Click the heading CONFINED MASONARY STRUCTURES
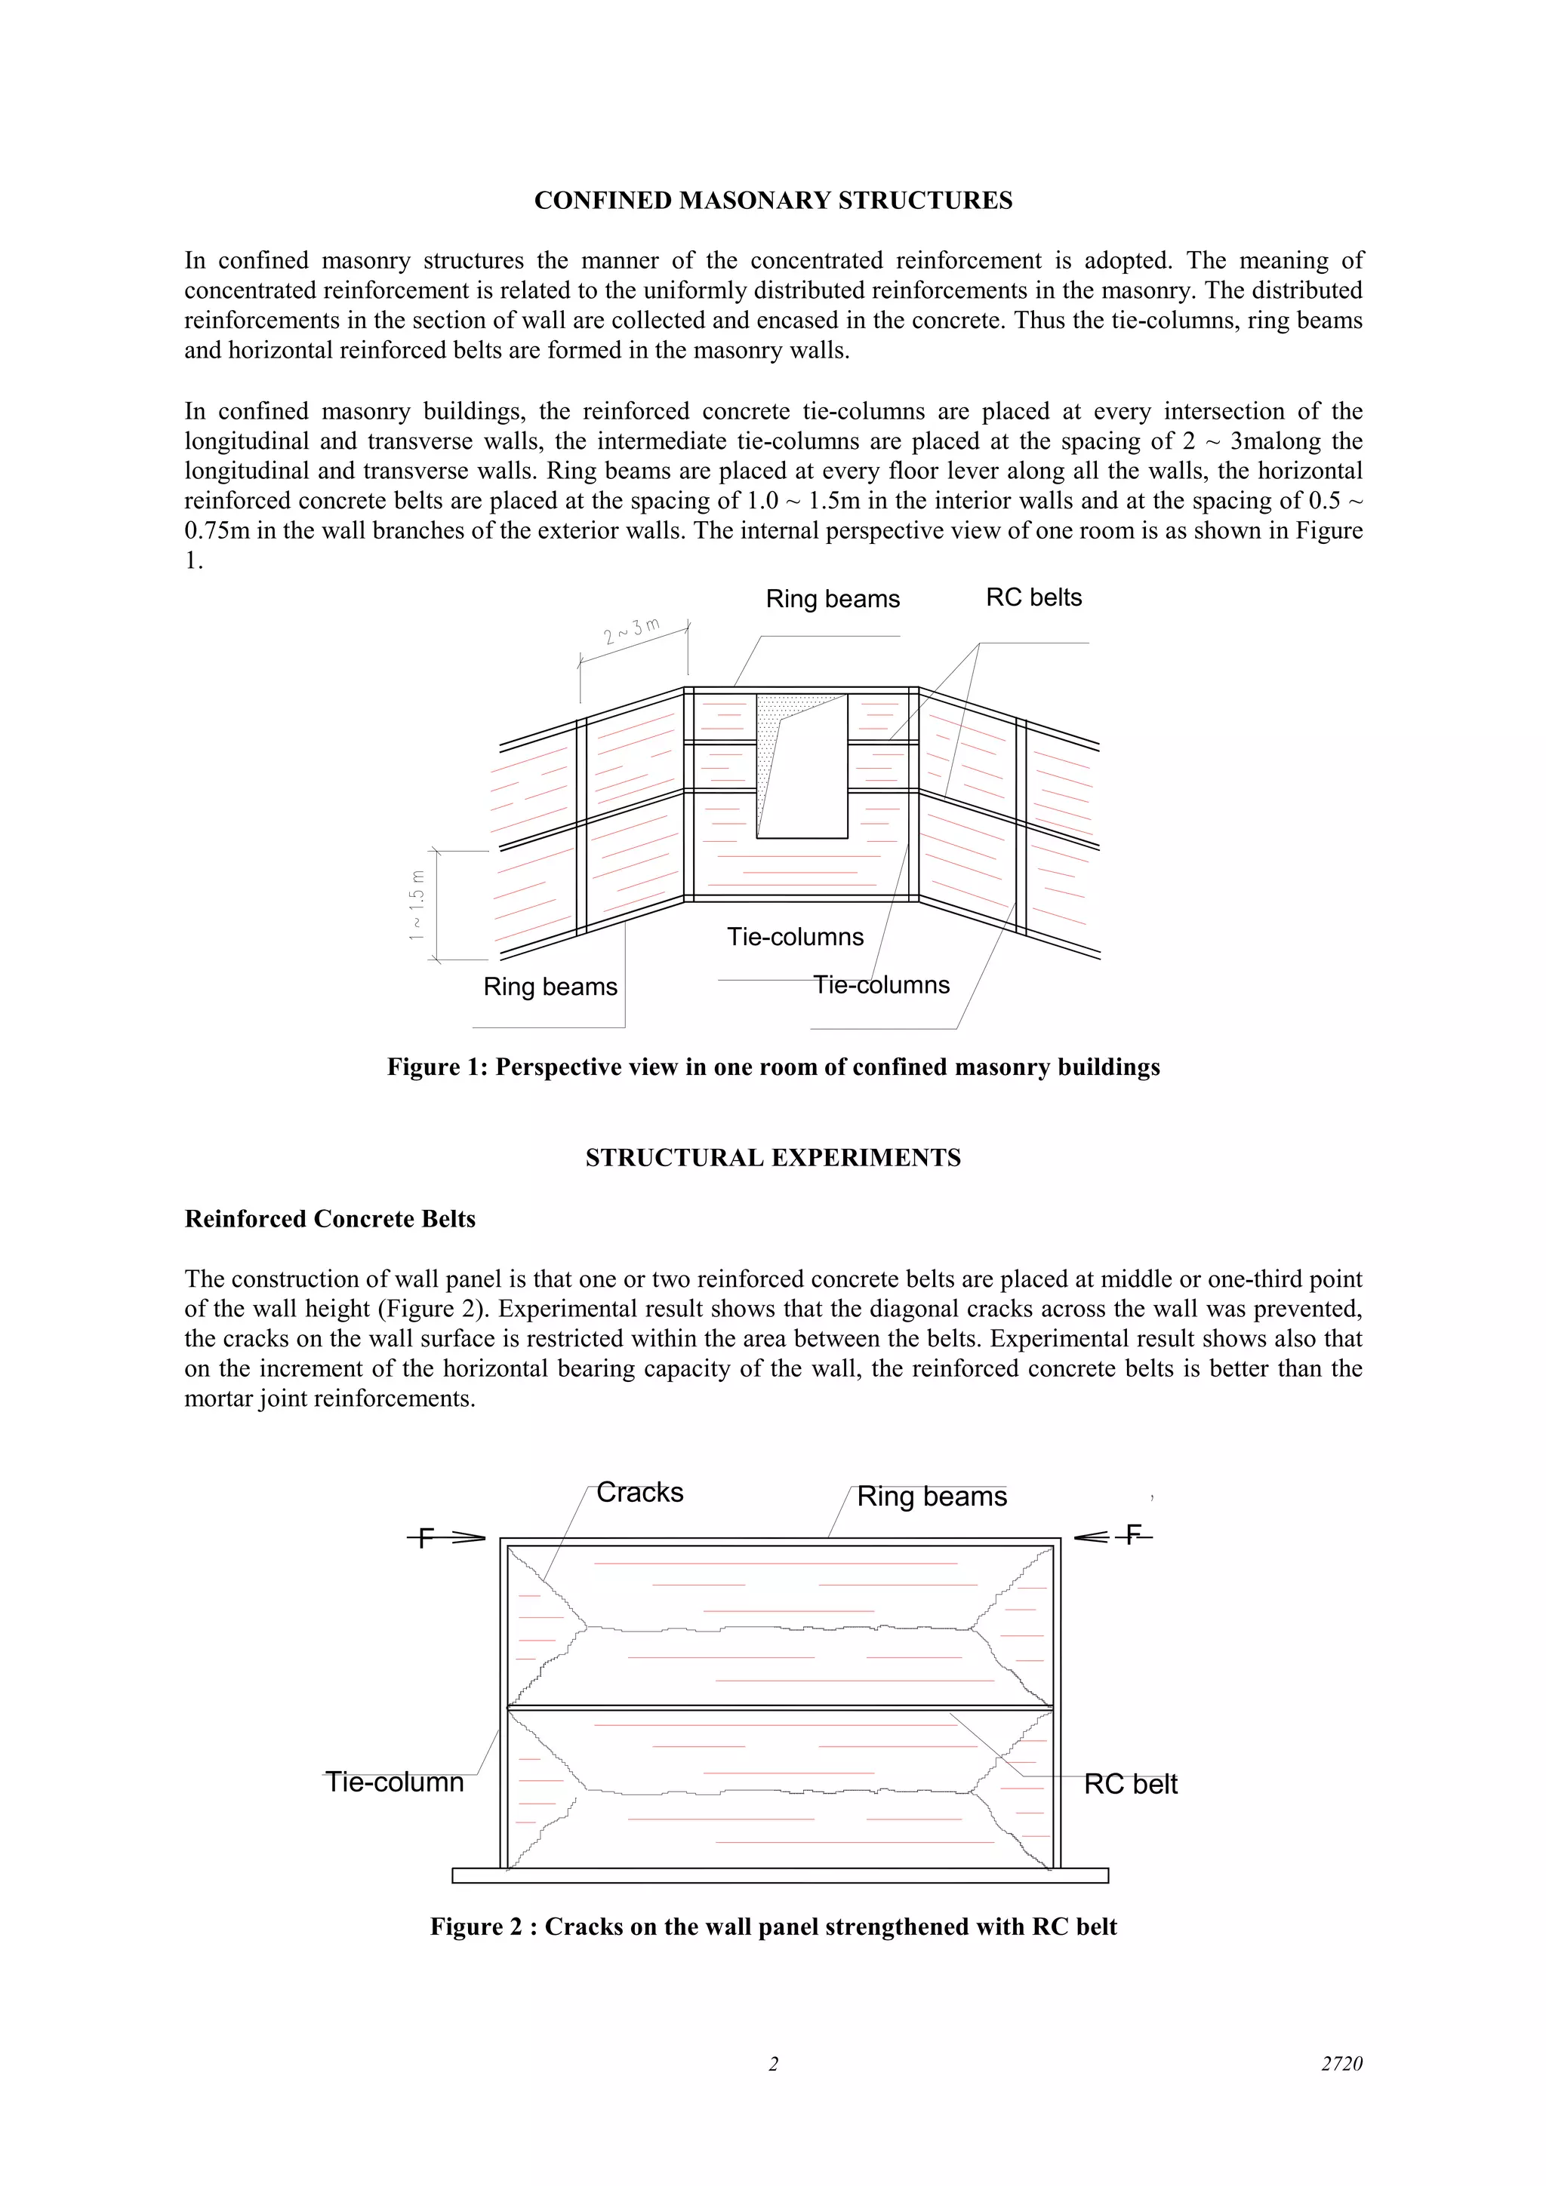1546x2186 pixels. click(x=772, y=201)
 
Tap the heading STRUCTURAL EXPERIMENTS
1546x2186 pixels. click(x=772, y=1158)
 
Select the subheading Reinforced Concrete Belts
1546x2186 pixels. click(x=330, y=1220)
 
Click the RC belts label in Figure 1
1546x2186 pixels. click(x=1033, y=598)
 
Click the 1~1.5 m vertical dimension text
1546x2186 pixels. click(x=416, y=905)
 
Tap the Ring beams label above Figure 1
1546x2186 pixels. click(x=833, y=599)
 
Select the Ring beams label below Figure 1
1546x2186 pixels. click(x=550, y=987)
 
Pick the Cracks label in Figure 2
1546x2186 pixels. click(x=639, y=1493)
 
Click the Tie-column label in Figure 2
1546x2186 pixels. click(x=394, y=1782)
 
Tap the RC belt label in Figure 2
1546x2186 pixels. click(x=1131, y=1784)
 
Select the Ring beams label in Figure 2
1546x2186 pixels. click(x=932, y=1497)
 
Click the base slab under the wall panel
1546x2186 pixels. click(x=779, y=1876)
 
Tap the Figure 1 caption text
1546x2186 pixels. click(x=772, y=1067)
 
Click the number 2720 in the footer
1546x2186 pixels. click(x=1341, y=2064)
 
